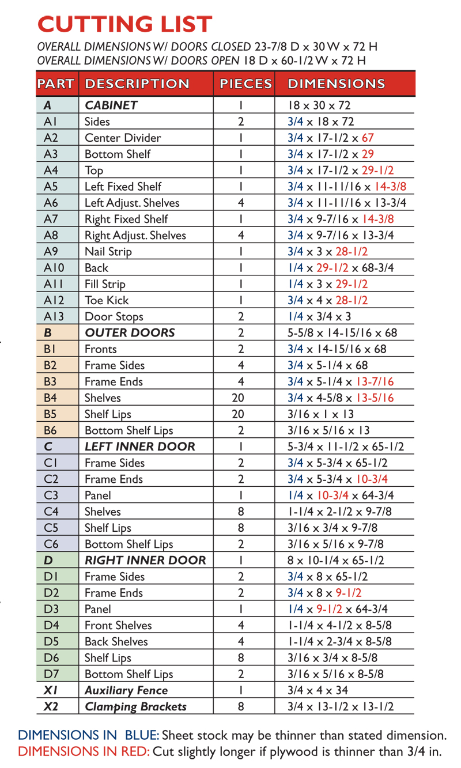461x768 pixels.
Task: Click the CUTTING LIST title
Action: pos(124,24)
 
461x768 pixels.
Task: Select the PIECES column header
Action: pos(244,84)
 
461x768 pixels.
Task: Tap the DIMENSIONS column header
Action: pos(336,84)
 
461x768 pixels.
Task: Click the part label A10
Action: pos(51,268)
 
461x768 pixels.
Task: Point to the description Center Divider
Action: pos(123,138)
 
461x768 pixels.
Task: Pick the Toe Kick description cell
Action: pos(107,300)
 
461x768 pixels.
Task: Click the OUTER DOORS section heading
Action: pos(130,333)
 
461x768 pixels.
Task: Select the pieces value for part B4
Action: pos(241,398)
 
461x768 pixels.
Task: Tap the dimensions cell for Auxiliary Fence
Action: pos(319,690)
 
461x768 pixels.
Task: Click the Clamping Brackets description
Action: pos(135,706)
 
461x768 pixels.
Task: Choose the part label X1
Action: pos(49,690)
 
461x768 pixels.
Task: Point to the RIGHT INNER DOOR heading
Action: pos(145,560)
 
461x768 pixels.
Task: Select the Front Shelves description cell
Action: pos(118,625)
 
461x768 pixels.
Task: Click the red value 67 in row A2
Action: pos(368,138)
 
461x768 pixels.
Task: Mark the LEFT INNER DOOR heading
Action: pos(140,447)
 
